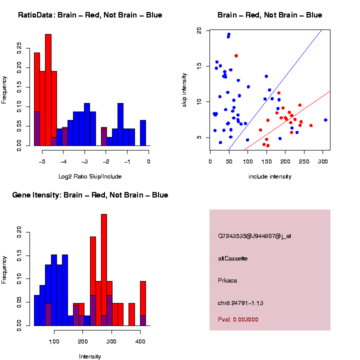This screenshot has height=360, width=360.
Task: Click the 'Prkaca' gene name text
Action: tap(227, 280)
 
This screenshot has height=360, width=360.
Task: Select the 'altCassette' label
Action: tap(232, 258)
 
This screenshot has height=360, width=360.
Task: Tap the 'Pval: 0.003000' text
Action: tap(238, 319)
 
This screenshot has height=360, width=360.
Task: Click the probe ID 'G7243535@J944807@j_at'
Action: tap(254, 236)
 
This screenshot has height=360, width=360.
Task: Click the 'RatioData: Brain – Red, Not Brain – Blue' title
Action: tap(90, 15)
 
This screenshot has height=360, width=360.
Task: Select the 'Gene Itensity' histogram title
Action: tap(90, 195)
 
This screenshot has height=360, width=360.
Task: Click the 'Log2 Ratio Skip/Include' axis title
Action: tap(89, 176)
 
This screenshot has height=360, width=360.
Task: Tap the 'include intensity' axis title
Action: tap(270, 176)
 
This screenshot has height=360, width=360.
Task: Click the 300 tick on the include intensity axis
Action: tap(322, 161)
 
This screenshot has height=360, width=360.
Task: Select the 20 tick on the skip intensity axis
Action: tap(199, 30)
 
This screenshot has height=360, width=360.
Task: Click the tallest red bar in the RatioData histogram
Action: tap(48, 90)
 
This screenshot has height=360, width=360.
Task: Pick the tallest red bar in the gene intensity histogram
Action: tap(104, 270)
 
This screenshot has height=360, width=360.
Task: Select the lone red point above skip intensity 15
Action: tap(236, 55)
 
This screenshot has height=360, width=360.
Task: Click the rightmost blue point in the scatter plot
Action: tap(325, 120)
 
